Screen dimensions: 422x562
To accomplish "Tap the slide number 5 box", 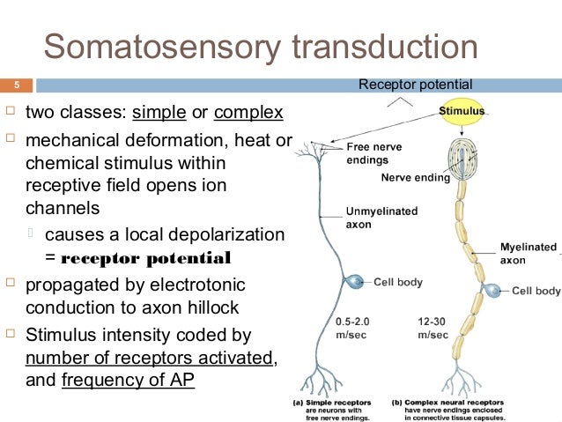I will [16, 85].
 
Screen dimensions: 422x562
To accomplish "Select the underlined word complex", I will [248, 113].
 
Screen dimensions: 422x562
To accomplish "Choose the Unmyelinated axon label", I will [381, 218].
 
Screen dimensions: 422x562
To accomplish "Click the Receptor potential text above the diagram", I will [415, 85].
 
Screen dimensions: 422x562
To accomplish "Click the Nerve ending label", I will [415, 177].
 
